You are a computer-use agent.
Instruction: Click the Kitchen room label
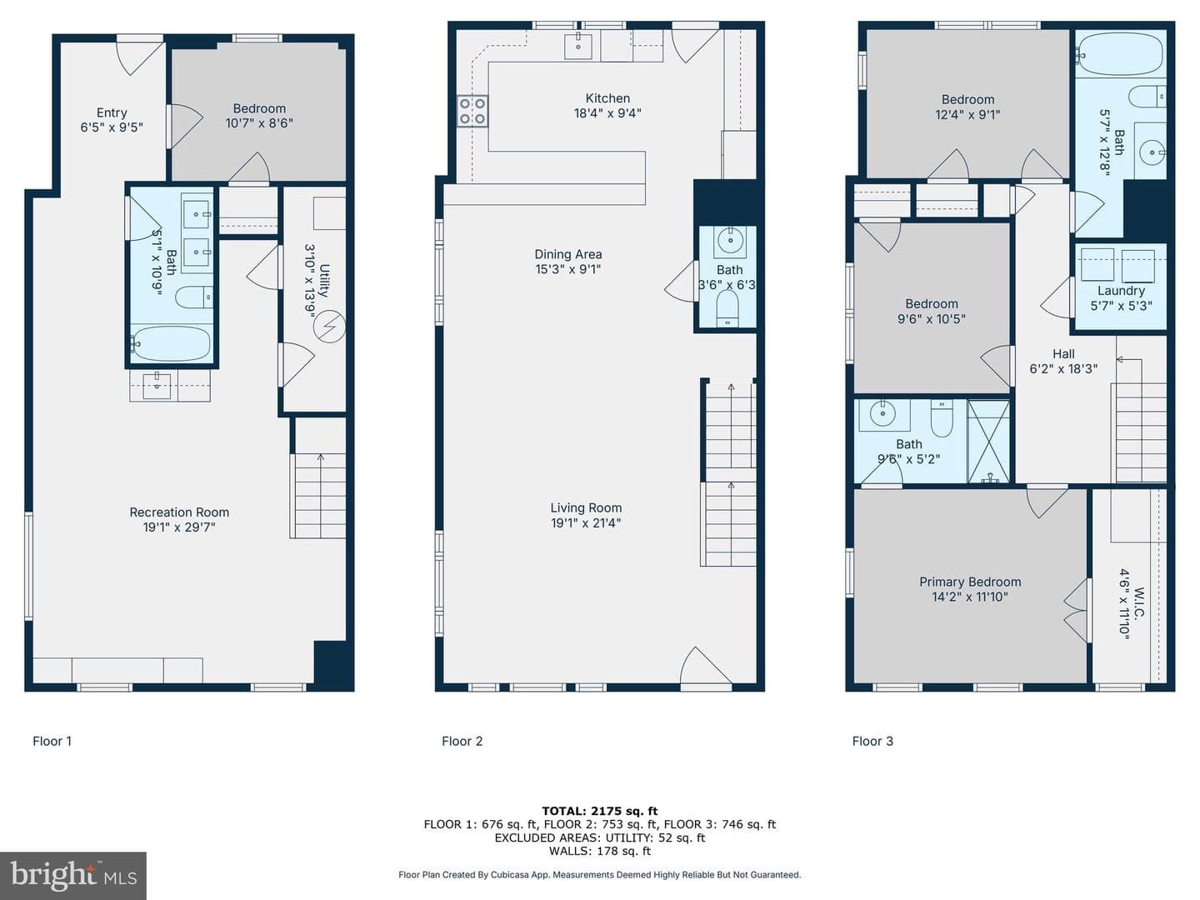[x=607, y=98]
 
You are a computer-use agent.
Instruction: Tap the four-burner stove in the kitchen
[x=472, y=111]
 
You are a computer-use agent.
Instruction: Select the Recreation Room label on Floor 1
[x=179, y=512]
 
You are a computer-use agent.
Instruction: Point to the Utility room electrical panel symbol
[x=330, y=327]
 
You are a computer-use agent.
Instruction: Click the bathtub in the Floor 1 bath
[x=171, y=343]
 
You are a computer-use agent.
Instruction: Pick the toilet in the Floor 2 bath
[x=727, y=308]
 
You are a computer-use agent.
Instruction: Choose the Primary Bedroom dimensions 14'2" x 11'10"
[x=970, y=597]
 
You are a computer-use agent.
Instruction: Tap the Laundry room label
[x=1121, y=291]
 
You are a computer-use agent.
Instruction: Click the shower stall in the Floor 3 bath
[x=988, y=442]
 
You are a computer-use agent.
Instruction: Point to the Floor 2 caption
[x=462, y=741]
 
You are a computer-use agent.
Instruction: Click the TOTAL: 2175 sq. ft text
[x=600, y=811]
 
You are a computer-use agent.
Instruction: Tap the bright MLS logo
[x=73, y=875]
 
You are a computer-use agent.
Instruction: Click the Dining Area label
[x=568, y=254]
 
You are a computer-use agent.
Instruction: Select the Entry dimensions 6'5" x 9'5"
[x=112, y=127]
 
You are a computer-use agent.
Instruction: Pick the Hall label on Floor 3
[x=1063, y=353]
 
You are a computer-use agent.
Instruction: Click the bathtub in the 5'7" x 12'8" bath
[x=1121, y=54]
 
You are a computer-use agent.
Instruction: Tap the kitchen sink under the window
[x=577, y=45]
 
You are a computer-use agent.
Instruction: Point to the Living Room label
[x=586, y=507]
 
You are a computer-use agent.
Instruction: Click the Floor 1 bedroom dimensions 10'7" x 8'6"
[x=259, y=123]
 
